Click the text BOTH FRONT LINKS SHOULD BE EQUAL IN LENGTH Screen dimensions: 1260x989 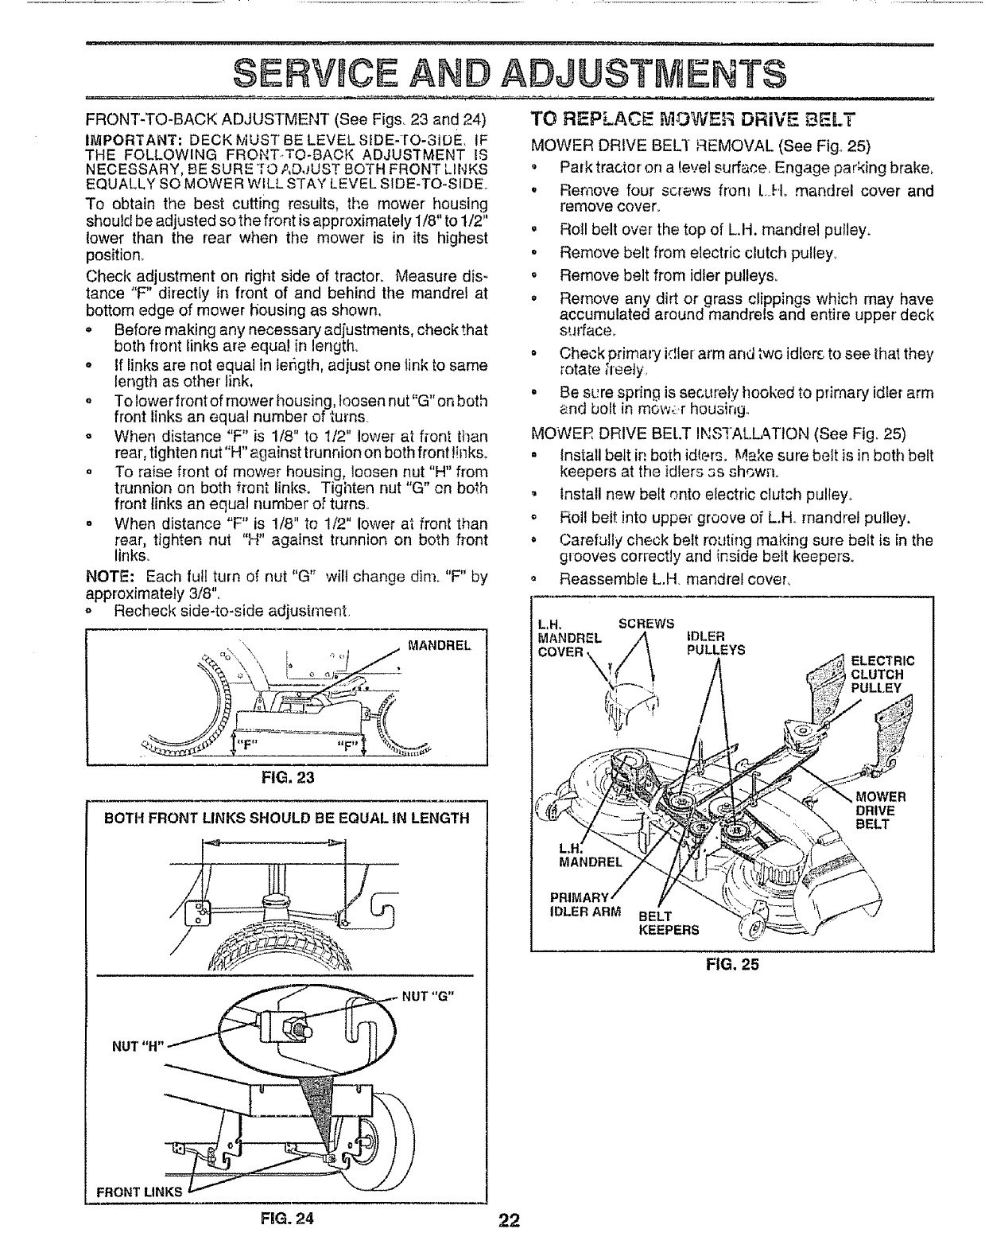point(287,819)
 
